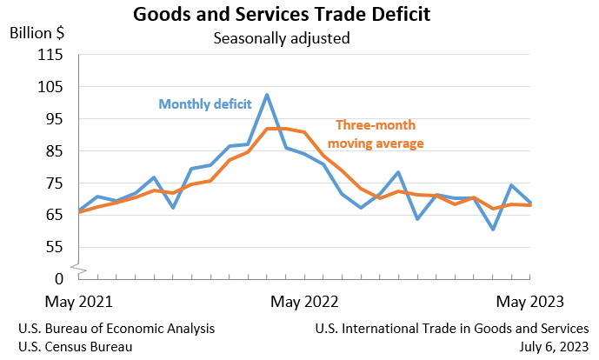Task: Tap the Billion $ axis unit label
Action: [x=37, y=33]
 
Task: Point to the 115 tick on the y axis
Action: [x=51, y=55]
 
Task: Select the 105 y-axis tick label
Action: [x=51, y=87]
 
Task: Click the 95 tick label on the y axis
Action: [x=55, y=119]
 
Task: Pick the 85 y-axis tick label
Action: [x=55, y=150]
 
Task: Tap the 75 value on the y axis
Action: [x=55, y=183]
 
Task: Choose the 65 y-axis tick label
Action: [x=55, y=215]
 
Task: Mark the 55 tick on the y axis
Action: [x=55, y=247]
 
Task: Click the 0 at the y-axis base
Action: [x=59, y=278]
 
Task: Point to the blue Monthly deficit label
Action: [x=210, y=103]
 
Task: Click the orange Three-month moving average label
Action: [x=380, y=133]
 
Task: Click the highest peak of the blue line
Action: [x=267, y=95]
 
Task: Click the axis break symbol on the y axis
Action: [x=79, y=269]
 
